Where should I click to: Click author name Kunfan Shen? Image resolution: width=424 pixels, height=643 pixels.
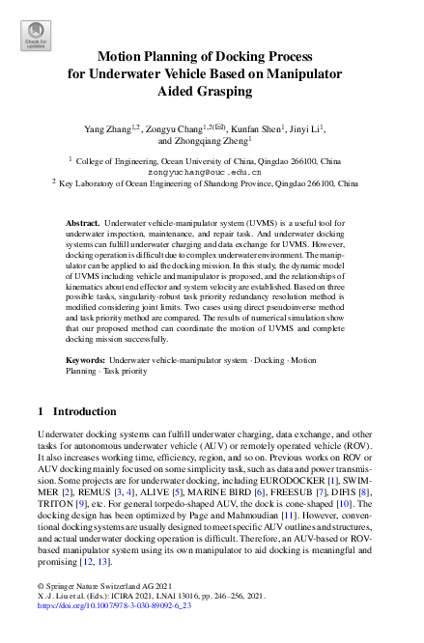coord(256,127)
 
